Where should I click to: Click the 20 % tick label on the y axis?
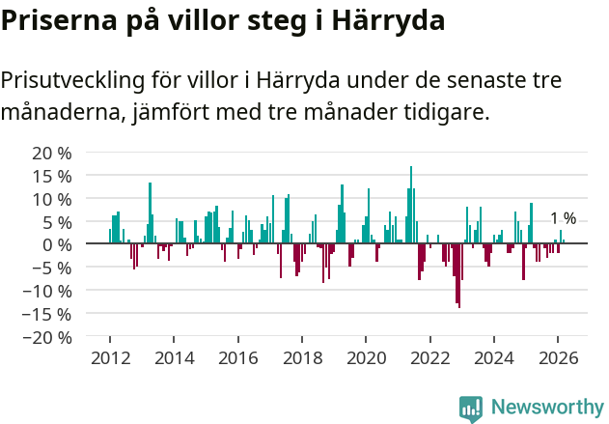click(x=52, y=153)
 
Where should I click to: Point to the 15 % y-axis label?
click(x=52, y=176)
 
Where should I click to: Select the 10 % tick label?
click(x=52, y=199)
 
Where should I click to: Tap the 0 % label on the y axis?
click(x=57, y=244)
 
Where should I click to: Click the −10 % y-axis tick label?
click(x=48, y=291)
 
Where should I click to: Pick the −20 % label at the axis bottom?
click(x=48, y=337)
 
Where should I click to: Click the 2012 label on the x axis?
click(x=110, y=358)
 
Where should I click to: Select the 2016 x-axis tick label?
click(x=238, y=358)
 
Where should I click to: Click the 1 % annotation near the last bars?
click(x=563, y=218)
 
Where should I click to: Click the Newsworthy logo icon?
click(x=471, y=408)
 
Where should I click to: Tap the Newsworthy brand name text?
click(x=546, y=408)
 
